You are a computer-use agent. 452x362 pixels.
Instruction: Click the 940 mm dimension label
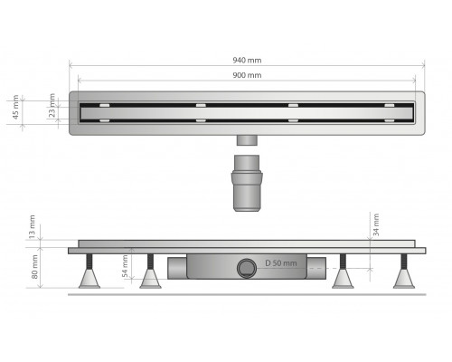tap(247, 61)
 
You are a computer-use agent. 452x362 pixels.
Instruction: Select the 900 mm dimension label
tap(247, 75)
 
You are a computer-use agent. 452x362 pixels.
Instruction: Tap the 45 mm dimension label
tap(15, 107)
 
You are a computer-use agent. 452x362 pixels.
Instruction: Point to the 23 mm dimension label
tap(52, 105)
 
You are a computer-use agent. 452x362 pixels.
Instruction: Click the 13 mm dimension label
tap(32, 227)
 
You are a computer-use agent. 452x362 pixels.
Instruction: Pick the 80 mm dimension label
tap(35, 267)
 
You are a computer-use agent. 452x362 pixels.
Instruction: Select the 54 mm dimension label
tap(125, 267)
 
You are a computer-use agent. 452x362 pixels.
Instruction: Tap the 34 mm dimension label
tap(376, 224)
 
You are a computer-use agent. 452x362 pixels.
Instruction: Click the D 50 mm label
tap(281, 263)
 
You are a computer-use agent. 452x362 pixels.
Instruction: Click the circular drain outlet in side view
tap(247, 268)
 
